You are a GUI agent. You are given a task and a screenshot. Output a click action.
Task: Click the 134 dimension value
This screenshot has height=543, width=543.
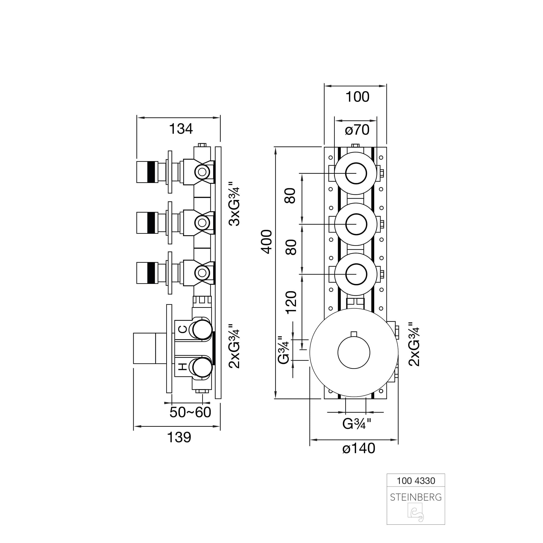coord(181,129)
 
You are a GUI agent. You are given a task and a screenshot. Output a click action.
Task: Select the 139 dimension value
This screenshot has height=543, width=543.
coord(179,437)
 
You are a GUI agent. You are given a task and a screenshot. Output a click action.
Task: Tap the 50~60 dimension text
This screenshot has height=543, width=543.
coord(190,413)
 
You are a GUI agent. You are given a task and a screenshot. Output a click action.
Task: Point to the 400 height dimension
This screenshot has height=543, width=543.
coord(267,242)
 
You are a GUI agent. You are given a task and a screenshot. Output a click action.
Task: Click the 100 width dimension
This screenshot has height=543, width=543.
coord(357,97)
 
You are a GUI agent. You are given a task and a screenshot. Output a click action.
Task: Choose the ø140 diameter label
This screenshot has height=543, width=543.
coord(359,448)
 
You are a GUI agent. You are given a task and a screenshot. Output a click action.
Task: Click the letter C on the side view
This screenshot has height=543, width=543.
coord(183,329)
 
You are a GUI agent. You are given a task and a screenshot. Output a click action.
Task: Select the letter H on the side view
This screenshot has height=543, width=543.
coord(183,367)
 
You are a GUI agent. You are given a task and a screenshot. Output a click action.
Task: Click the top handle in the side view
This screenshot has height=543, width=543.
coord(147,172)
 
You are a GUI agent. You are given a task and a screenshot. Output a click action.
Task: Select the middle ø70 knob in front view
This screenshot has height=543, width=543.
coord(356,224)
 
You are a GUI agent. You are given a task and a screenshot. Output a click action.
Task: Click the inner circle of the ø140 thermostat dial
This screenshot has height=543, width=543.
coord(354,352)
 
